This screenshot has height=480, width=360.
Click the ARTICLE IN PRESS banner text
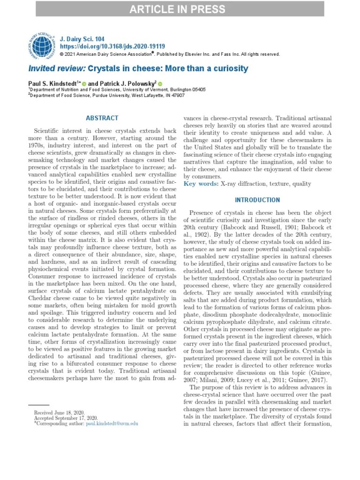(180, 9)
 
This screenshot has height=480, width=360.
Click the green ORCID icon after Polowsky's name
(160, 83)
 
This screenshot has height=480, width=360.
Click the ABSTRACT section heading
(102, 118)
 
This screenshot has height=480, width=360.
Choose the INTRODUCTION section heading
(257, 200)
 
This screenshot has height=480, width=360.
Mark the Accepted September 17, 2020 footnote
(66, 418)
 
